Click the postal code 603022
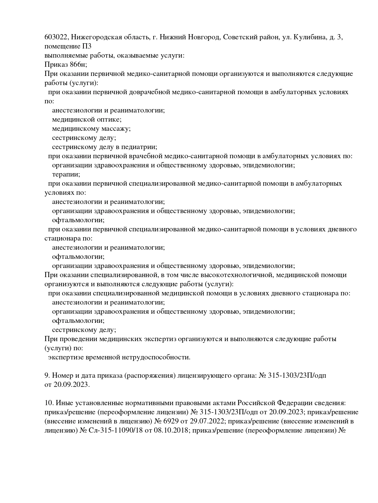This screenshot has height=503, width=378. click(x=57, y=37)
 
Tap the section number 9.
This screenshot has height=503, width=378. click(x=47, y=376)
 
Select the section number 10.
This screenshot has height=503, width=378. click(x=48, y=403)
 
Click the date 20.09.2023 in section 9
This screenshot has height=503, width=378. click(x=72, y=385)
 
